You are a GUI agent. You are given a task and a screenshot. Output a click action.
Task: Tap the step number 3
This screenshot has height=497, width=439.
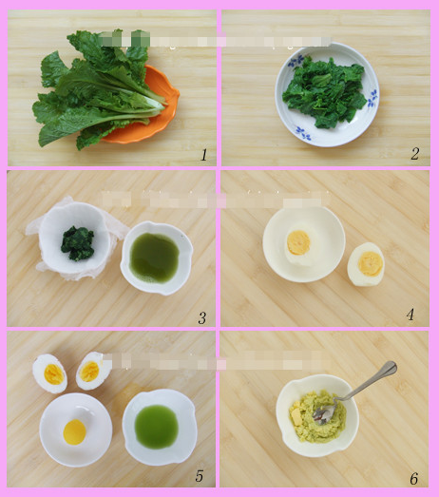pyautogui.click(x=201, y=317)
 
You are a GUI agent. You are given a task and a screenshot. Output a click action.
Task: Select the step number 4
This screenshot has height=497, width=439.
pyautogui.click(x=410, y=314)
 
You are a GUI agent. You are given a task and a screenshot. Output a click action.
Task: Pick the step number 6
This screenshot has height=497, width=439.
pyautogui.click(x=413, y=478)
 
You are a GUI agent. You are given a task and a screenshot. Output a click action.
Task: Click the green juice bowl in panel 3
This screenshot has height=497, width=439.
pyautogui.click(x=156, y=257)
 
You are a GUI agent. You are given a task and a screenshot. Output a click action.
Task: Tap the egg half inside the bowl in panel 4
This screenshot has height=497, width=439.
pyautogui.click(x=299, y=242)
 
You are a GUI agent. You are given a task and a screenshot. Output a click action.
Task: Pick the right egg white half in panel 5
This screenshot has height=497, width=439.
pyautogui.click(x=92, y=370)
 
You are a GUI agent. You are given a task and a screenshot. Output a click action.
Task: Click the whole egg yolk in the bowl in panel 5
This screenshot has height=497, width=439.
pyautogui.click(x=74, y=432)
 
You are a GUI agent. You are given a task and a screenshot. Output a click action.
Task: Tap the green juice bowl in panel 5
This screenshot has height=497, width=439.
pyautogui.click(x=158, y=427)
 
